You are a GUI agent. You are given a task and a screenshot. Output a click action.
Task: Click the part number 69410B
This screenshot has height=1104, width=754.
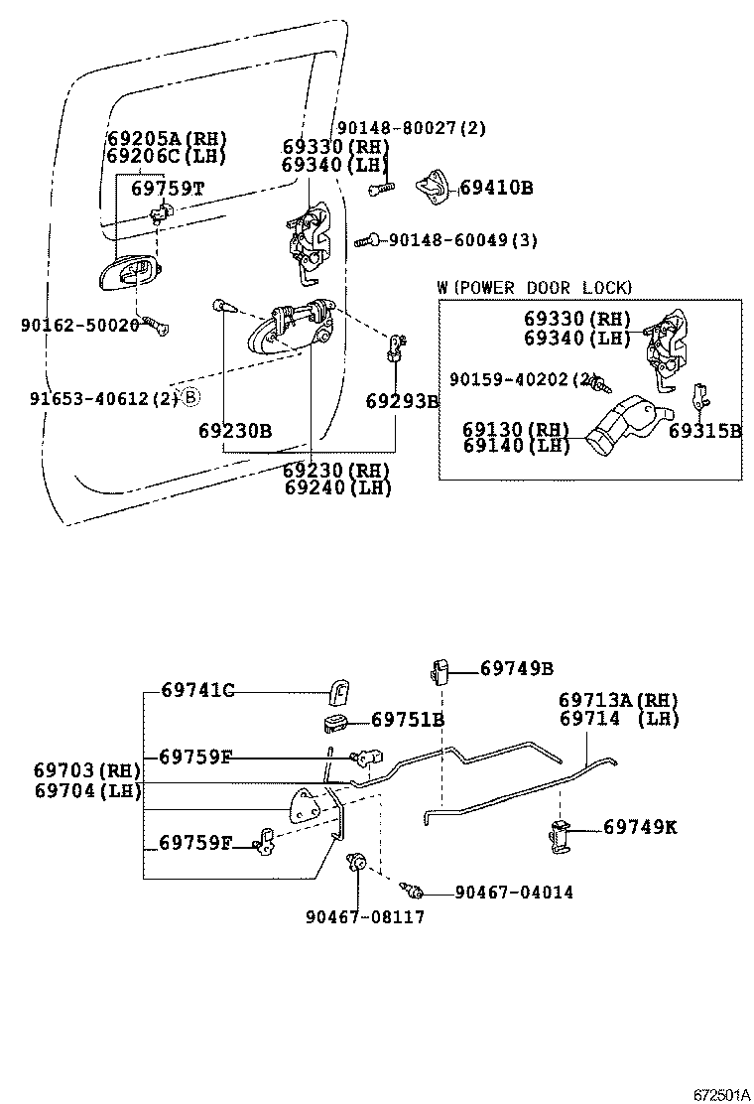tap(495, 188)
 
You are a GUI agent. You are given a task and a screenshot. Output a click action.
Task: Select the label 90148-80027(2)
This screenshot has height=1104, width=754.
tap(412, 128)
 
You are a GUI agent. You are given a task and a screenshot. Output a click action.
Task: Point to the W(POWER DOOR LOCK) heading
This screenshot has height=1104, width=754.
tap(534, 288)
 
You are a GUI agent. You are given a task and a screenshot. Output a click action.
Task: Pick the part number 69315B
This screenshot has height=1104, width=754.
tap(704, 431)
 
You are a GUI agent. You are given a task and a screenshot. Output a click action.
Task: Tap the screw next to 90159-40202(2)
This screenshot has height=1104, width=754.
tap(603, 382)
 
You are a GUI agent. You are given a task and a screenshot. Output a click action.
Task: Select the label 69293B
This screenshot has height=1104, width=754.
tap(402, 402)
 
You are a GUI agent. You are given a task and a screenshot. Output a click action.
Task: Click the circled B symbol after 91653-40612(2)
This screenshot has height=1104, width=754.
tap(190, 398)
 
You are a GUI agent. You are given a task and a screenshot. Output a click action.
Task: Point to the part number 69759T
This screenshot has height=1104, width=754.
tap(168, 188)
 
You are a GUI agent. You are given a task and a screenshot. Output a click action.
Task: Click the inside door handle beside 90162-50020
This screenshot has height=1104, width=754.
tap(127, 271)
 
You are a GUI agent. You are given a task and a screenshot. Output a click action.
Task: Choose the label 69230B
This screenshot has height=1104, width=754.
tap(234, 431)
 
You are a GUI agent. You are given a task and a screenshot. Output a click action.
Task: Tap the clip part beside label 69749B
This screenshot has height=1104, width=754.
tap(440, 670)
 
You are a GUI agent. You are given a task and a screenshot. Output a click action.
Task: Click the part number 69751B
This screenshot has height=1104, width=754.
tap(408, 720)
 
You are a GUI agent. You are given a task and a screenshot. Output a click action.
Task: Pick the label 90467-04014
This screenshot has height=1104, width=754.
tap(514, 893)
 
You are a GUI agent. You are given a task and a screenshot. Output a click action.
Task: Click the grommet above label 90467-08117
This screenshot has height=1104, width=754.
tap(356, 863)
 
